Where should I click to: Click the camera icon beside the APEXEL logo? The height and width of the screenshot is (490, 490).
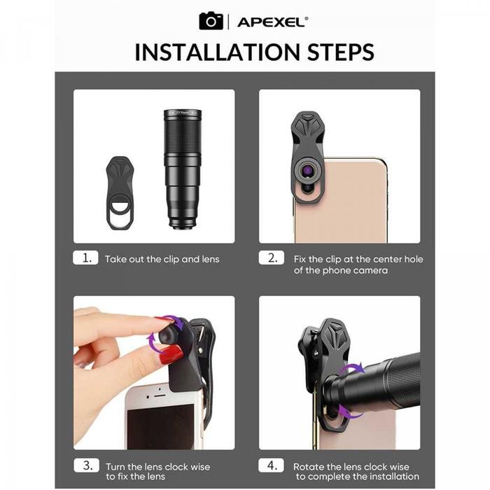tap(211, 21)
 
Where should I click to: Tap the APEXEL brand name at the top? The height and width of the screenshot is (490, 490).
tap(272, 22)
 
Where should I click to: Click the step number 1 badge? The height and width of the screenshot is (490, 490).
tap(85, 258)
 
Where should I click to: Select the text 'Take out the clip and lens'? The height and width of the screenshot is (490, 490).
tap(162, 259)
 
